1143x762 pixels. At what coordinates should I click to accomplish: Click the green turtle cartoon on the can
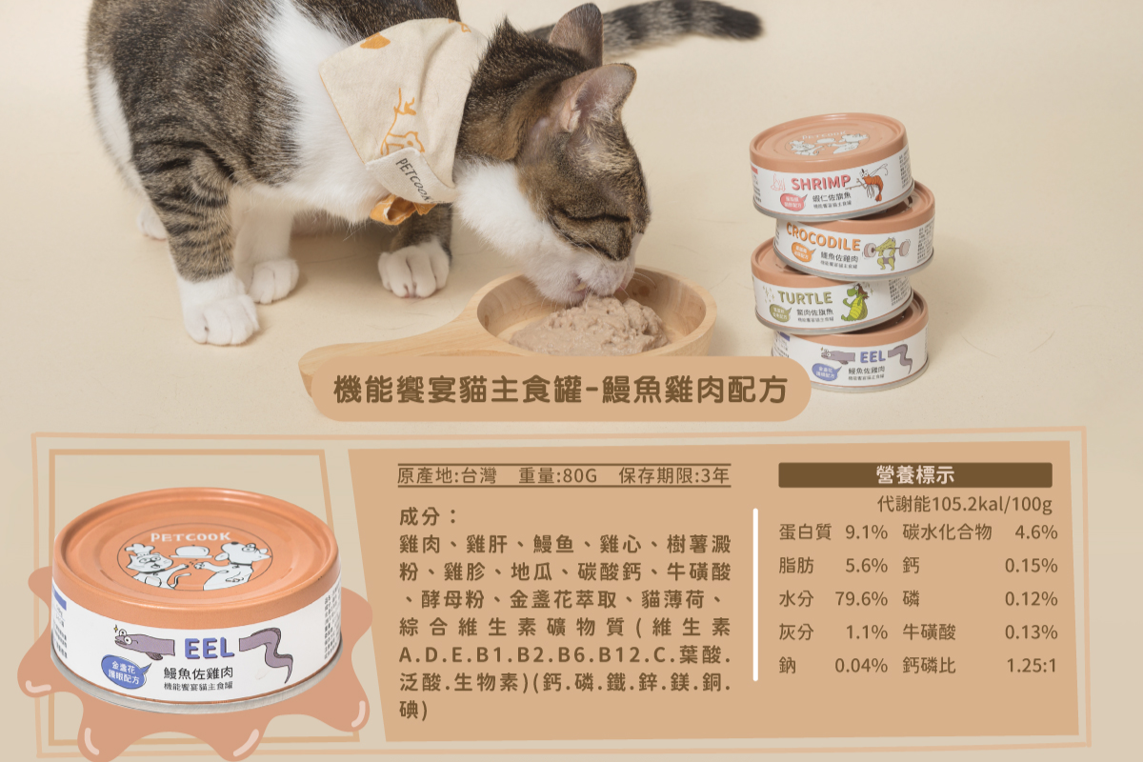[855, 303]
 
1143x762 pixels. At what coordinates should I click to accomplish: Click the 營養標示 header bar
[914, 474]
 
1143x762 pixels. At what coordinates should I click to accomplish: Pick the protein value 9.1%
[866, 532]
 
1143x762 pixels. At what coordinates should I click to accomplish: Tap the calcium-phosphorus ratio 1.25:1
[1031, 666]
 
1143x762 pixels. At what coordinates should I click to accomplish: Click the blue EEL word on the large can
[211, 648]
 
